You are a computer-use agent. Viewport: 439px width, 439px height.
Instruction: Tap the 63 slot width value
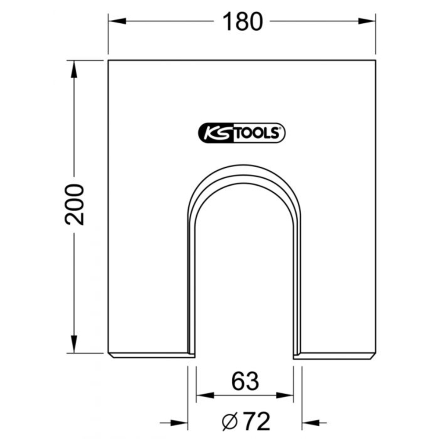tap(245, 381)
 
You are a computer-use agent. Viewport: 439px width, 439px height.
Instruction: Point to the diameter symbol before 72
tap(230, 423)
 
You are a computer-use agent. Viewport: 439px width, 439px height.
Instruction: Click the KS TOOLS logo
tap(240, 132)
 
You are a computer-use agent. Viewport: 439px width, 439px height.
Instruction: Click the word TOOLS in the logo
tap(255, 133)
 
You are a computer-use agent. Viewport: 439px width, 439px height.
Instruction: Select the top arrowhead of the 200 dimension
tap(74, 67)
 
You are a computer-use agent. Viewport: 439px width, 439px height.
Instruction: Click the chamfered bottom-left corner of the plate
tap(111, 356)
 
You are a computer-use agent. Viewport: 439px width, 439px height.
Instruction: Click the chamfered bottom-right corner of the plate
tap(373, 356)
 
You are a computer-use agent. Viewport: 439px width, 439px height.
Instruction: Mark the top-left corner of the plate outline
tap(108, 60)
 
